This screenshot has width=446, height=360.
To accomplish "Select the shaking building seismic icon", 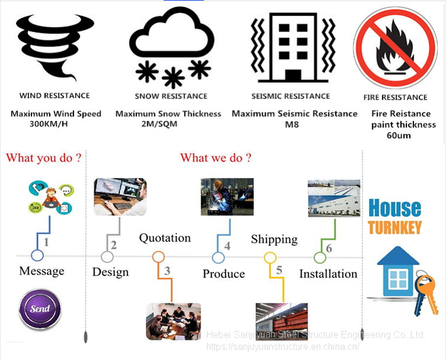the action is [291, 46].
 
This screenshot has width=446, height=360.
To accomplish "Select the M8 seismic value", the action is [294, 125].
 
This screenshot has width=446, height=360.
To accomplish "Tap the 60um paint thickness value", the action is [399, 136].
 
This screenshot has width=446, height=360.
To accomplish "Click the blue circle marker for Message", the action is [37, 256].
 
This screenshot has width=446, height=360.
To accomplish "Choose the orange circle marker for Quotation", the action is [158, 257].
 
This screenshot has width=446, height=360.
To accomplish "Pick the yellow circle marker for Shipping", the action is [270, 257].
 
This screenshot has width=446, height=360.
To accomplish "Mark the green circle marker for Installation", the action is [320, 257].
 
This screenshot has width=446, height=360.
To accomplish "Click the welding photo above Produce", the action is [227, 196].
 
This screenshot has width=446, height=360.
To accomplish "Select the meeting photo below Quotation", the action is [173, 321].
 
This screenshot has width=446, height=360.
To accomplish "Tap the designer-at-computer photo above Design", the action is [120, 197].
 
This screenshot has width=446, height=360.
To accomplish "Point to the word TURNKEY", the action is [394, 227].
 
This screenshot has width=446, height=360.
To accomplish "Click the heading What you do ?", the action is [43, 158].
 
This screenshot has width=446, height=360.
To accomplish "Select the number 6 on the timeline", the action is [329, 248].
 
